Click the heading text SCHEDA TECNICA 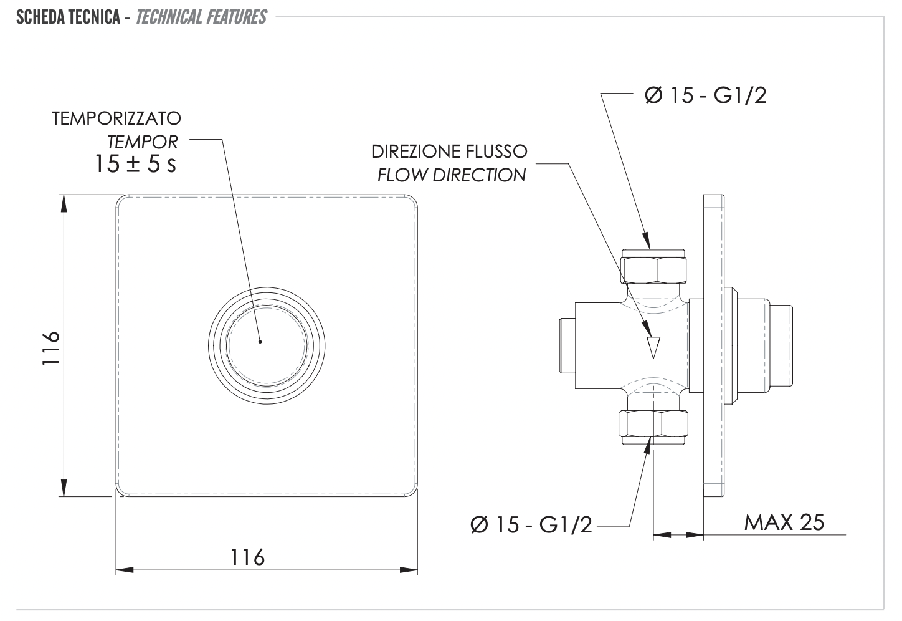click(69, 17)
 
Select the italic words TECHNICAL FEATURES click(201, 17)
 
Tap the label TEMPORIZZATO click(116, 118)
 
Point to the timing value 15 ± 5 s click(135, 165)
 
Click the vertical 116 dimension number click(51, 348)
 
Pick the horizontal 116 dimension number click(248, 556)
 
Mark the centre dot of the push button click(260, 342)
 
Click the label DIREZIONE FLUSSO click(449, 152)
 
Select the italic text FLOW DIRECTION click(452, 175)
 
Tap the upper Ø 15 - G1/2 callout click(706, 95)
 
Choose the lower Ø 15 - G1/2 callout click(531, 525)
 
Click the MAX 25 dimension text click(784, 522)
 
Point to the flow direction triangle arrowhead click(652, 346)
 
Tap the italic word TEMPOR click(143, 142)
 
